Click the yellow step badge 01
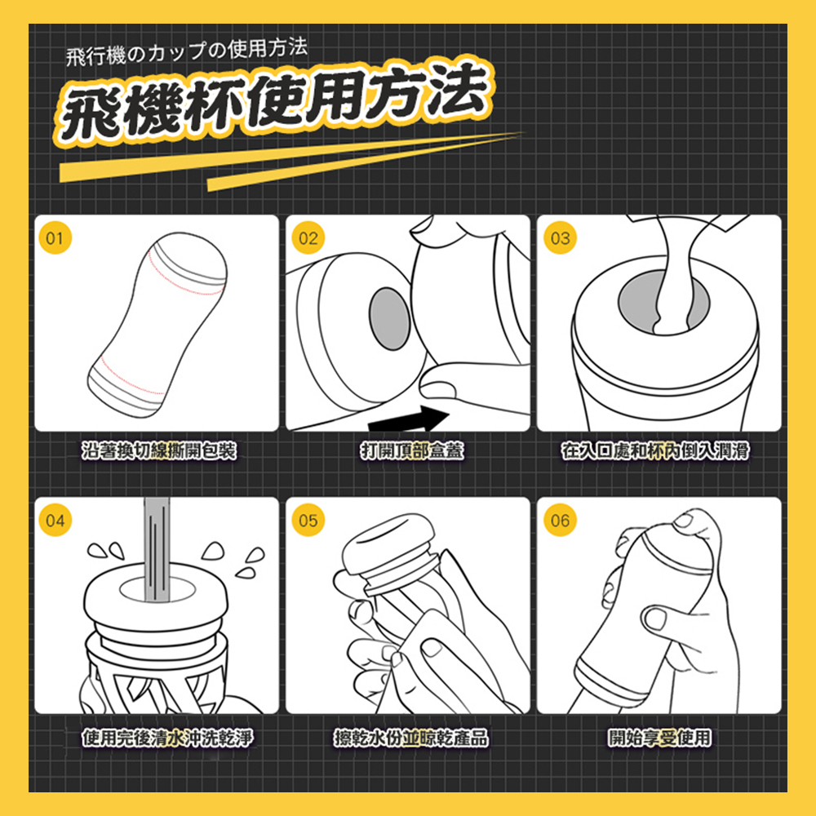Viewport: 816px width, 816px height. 55,237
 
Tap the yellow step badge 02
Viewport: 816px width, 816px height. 308,237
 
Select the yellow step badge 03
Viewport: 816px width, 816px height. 560,237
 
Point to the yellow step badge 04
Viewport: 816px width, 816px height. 55,520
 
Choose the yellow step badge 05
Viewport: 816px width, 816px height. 308,520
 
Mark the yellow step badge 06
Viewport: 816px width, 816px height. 560,520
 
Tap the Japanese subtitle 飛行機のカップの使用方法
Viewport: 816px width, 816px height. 186,51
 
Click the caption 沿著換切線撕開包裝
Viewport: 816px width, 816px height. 159,450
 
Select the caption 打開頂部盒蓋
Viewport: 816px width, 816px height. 412,450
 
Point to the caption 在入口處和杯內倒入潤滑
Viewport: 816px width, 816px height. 655,450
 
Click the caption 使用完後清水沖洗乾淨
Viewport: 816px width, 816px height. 167,738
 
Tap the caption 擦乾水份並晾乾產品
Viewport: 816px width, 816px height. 411,738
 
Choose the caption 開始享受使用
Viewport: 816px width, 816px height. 659,738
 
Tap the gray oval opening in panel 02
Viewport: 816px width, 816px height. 390,318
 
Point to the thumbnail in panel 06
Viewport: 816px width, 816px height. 655,619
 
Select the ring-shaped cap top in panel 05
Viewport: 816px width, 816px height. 388,543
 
